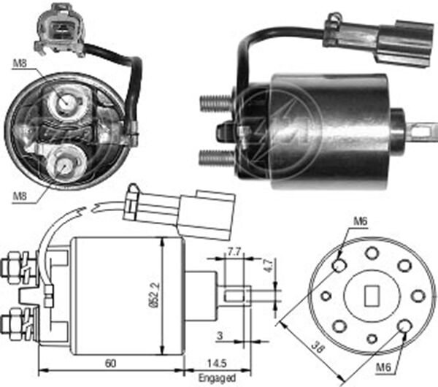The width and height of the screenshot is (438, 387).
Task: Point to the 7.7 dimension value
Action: pyautogui.click(x=234, y=252)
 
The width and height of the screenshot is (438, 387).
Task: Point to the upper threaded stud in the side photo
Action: pyautogui.click(x=216, y=102)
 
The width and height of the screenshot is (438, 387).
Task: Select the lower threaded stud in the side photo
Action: pyautogui.click(x=216, y=156)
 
